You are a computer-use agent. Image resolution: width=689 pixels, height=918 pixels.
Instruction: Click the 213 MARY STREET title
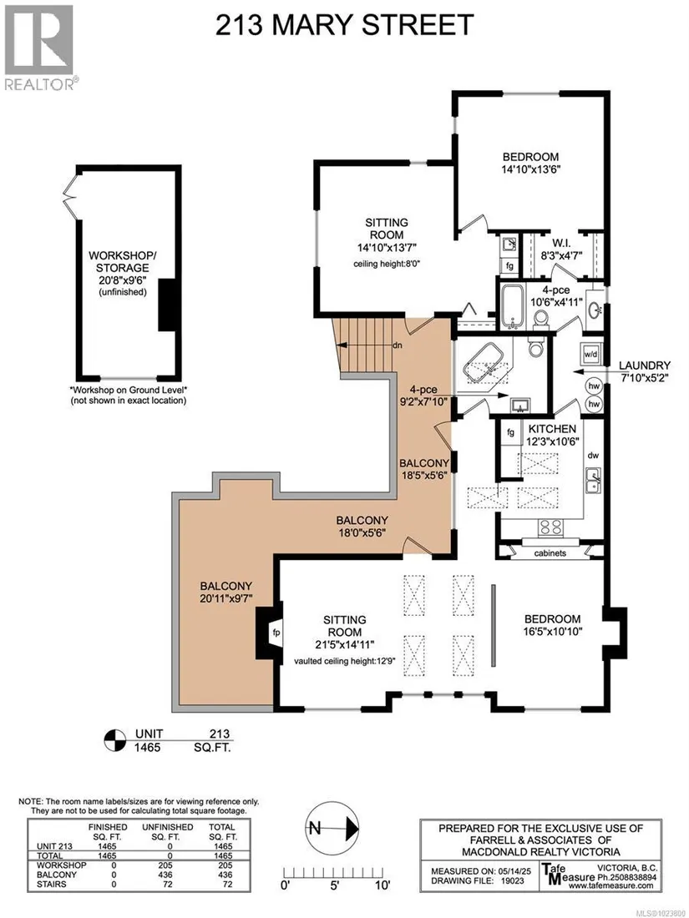pyautogui.click(x=344, y=24)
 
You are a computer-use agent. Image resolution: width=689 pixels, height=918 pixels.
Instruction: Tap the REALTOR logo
pyautogui.click(x=40, y=48)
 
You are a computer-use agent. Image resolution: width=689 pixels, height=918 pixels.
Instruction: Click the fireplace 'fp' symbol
pyautogui.click(x=276, y=633)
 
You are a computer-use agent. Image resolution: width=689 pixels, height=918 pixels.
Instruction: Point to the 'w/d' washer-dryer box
pyautogui.click(x=589, y=354)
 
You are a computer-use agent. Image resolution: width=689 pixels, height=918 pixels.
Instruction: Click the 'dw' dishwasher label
pyautogui.click(x=593, y=455)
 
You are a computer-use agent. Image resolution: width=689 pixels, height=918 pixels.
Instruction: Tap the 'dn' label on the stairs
pyautogui.click(x=398, y=345)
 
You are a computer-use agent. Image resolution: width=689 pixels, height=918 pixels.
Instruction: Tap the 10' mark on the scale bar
pyautogui.click(x=382, y=885)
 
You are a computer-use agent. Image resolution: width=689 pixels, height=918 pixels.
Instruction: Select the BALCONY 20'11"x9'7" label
pyautogui.click(x=225, y=592)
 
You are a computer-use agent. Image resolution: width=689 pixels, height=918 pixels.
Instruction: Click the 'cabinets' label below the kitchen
pyautogui.click(x=550, y=552)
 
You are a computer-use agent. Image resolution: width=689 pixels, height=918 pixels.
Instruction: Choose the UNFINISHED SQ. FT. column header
pyautogui.click(x=167, y=832)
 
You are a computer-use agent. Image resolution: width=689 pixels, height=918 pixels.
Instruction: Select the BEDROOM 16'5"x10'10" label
pyautogui.click(x=553, y=625)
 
